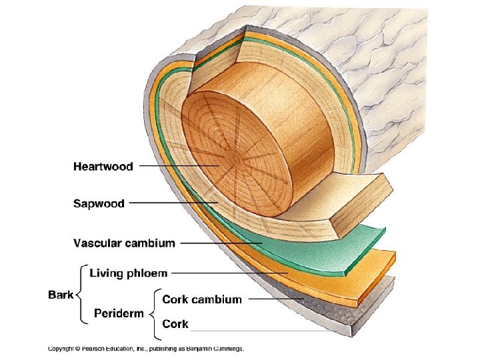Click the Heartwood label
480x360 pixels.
tap(103, 167)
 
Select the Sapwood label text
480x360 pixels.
tap(99, 203)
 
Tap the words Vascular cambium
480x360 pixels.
tap(124, 243)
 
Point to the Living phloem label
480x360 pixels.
tap(129, 273)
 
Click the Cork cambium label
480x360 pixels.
tap(202, 299)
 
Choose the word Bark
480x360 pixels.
tap(61, 295)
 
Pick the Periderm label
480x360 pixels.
tap(119, 313)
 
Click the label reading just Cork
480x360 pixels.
tap(175, 323)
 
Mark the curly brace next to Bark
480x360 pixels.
tap(81, 294)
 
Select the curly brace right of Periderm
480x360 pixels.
tap(154, 314)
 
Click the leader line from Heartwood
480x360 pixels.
tap(179, 166)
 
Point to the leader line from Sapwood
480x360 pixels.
tap(173, 203)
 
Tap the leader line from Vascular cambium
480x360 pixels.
tap(221, 243)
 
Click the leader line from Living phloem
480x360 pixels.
tap(229, 273)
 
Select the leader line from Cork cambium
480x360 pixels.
tap(276, 299)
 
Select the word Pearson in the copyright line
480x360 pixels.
tap(93, 349)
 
